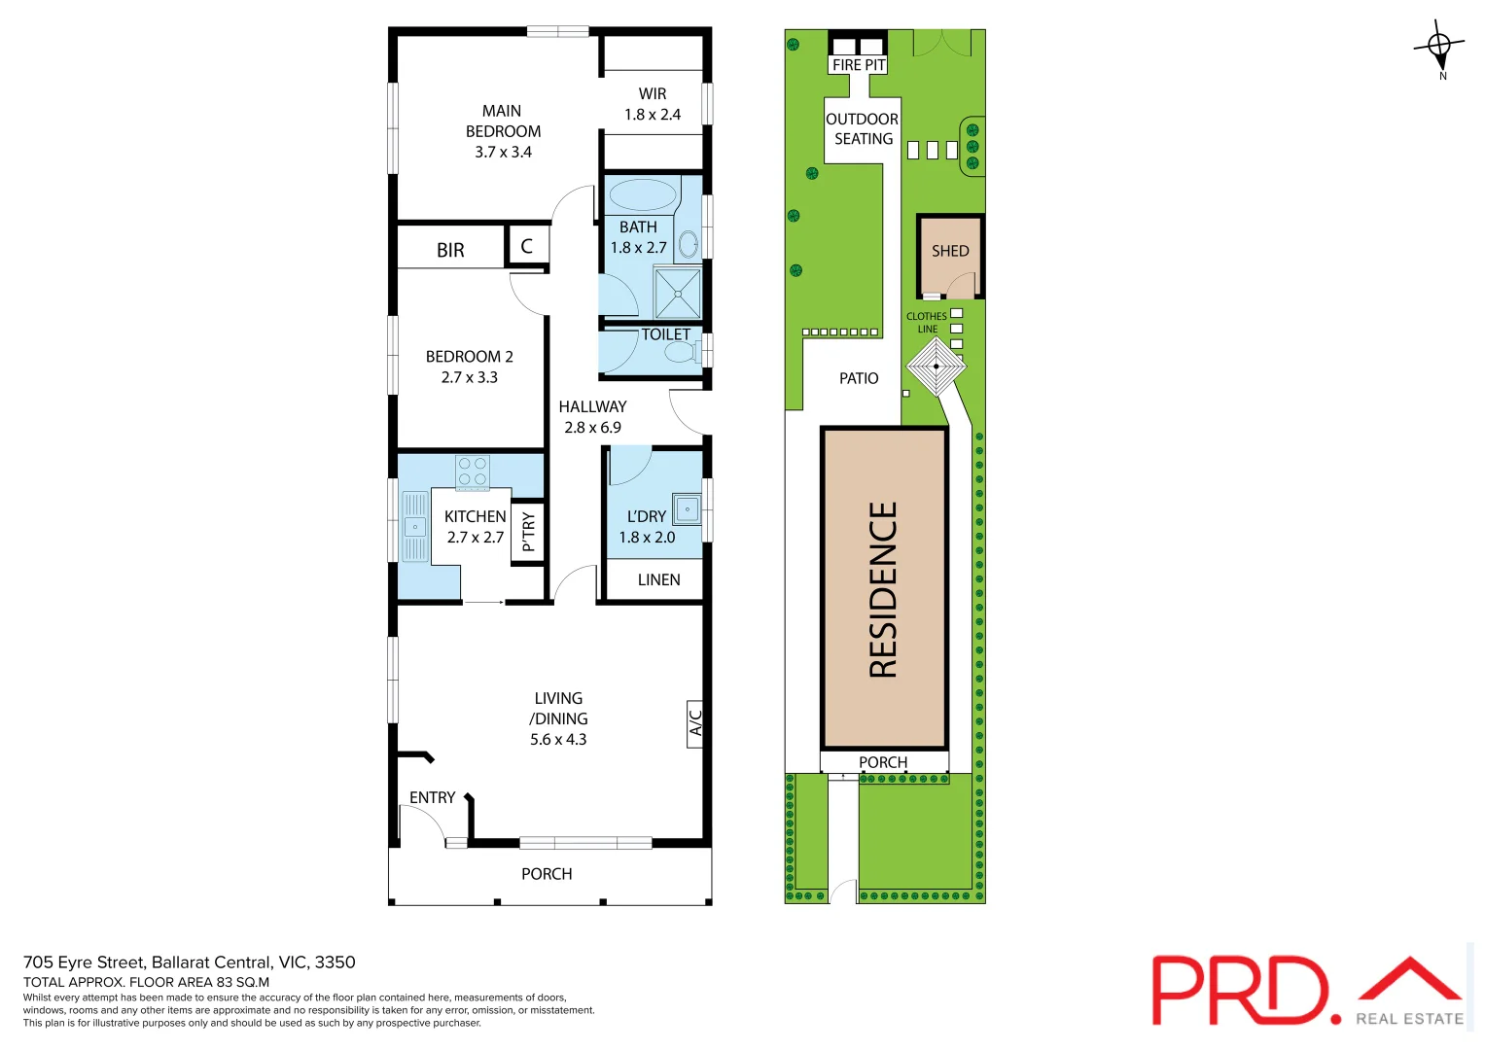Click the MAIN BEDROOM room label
pyautogui.click(x=503, y=131)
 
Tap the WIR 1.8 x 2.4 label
pyautogui.click(x=653, y=104)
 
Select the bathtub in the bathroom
pyautogui.click(x=641, y=194)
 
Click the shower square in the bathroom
pyautogui.click(x=677, y=293)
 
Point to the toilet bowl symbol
pyautogui.click(x=681, y=351)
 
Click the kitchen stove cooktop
pyautogui.click(x=473, y=473)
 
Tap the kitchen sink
pyautogui.click(x=415, y=527)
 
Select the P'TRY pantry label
pyautogui.click(x=528, y=532)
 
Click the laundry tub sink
pyautogui.click(x=687, y=509)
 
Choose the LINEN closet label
pyautogui.click(x=658, y=579)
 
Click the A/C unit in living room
pyautogui.click(x=694, y=723)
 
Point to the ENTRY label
pyautogui.click(x=432, y=797)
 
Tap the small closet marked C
pyautogui.click(x=526, y=246)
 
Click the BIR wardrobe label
pyautogui.click(x=450, y=250)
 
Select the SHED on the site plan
pyautogui.click(x=950, y=253)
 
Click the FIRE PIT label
pyautogui.click(x=859, y=65)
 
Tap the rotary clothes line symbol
pyautogui.click(x=936, y=367)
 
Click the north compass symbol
pyautogui.click(x=1439, y=47)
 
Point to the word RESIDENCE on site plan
pyautogui.click(x=883, y=589)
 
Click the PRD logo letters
pyautogui.click(x=1239, y=991)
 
